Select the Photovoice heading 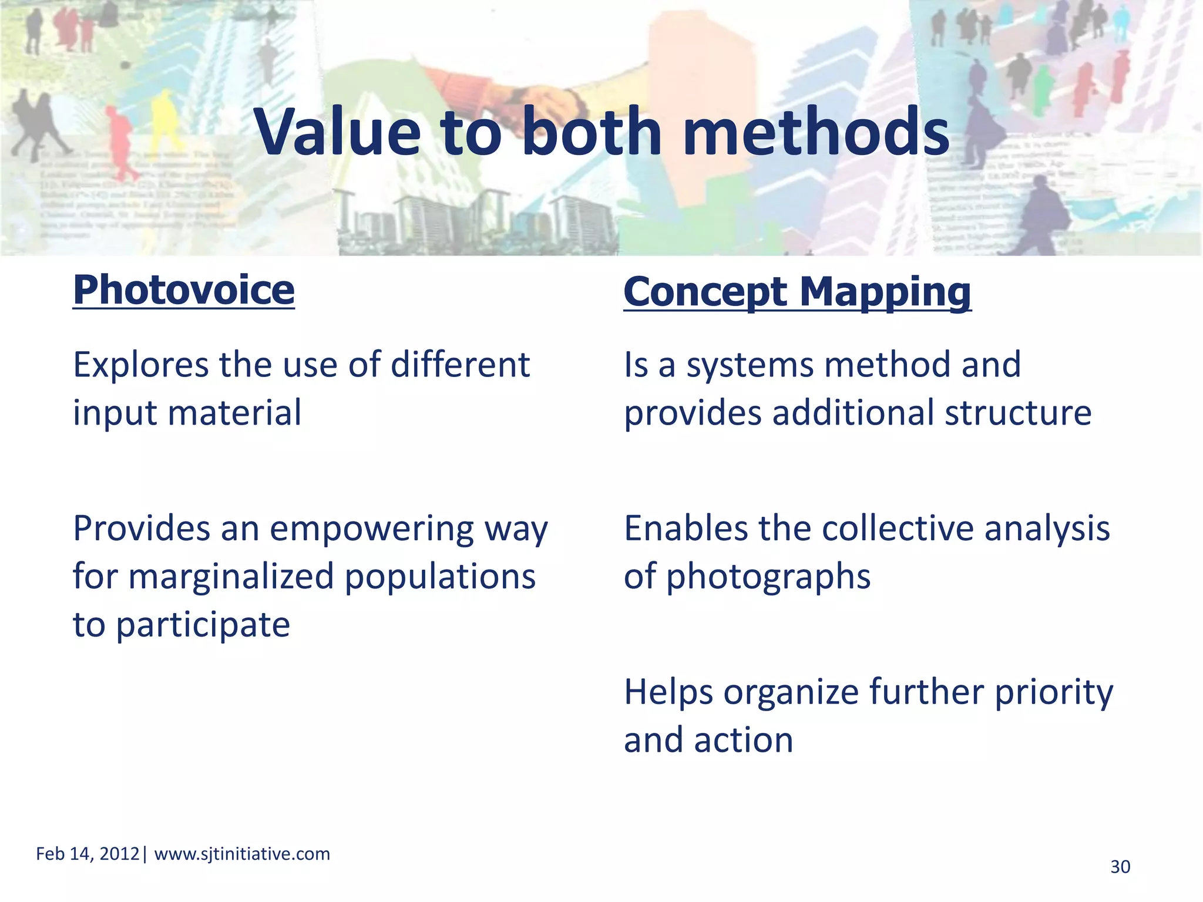pyautogui.click(x=184, y=290)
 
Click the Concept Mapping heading pyautogui.click(x=797, y=292)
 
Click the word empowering pyautogui.click(x=372, y=529)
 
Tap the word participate pyautogui.click(x=203, y=625)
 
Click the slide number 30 pyautogui.click(x=1120, y=867)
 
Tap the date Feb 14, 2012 pyautogui.click(x=88, y=854)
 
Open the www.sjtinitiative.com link pyautogui.click(x=242, y=854)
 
